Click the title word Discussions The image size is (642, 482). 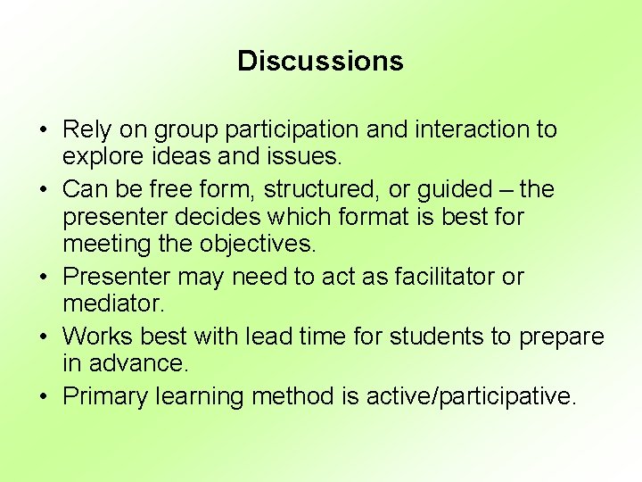click(320, 61)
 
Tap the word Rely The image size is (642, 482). click(86, 130)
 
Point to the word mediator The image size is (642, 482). click(113, 303)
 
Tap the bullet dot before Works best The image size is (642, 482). click(44, 337)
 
